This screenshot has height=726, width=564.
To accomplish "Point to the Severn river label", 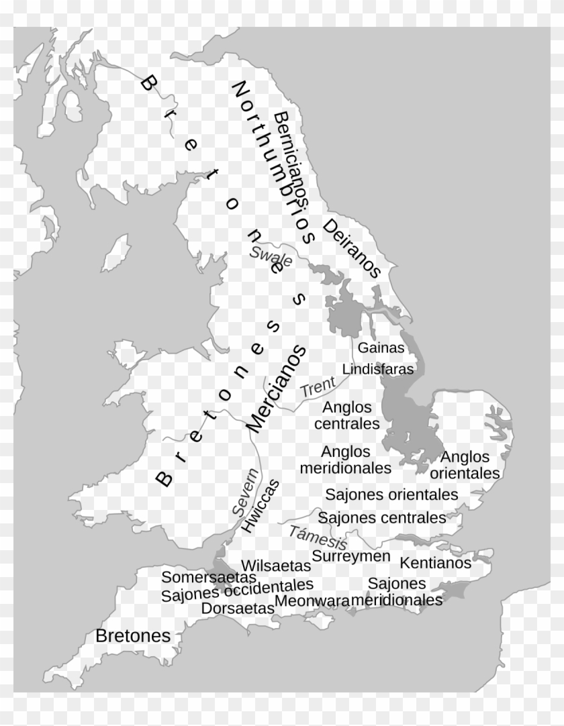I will point(246,491).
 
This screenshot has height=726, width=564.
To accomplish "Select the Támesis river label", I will point(318,537).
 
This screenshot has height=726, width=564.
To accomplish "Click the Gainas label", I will point(381,348).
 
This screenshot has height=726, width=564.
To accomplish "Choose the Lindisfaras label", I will point(378,368).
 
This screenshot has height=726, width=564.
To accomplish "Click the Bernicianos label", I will point(290,158).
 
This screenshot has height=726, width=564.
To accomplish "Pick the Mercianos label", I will point(276,389).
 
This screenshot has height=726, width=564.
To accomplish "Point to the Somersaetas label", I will point(209,577).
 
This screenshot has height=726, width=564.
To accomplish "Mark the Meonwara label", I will point(312,600).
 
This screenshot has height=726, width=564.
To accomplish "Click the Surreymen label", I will point(350,556).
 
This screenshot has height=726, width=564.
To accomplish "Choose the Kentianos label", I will point(436,562).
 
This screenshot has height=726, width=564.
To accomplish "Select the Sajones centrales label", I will point(381,517).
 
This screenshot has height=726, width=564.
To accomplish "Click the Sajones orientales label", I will point(391,495).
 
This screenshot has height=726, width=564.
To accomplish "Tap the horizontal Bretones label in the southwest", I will point(133,635).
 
